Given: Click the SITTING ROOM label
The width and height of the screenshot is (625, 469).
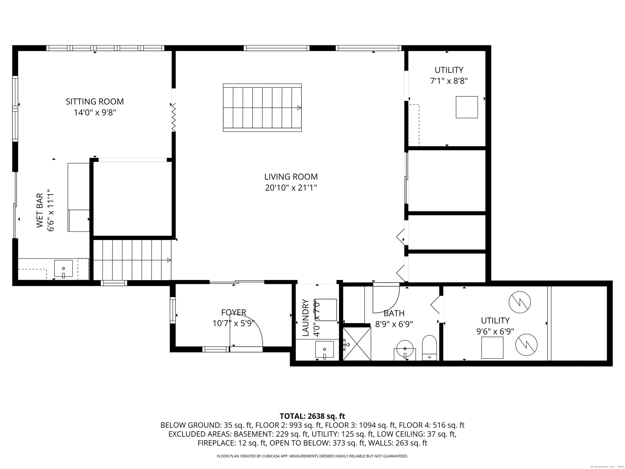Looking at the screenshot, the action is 95,102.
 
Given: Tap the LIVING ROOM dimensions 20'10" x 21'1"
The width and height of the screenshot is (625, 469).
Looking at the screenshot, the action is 291,188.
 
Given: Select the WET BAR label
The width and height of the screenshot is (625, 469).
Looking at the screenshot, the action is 39,210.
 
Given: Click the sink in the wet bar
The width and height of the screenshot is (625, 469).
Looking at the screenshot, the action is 63,268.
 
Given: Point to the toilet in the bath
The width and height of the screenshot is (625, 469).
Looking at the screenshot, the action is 429,348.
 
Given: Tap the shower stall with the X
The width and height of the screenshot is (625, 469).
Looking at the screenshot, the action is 357,344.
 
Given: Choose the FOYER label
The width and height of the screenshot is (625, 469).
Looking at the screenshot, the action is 234,313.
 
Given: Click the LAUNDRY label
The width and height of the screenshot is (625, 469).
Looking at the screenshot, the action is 305,318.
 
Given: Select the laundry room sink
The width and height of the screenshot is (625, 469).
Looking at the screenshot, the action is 325,349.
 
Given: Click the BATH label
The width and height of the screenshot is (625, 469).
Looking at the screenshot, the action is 394,313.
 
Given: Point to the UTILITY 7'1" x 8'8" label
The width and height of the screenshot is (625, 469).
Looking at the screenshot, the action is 449,76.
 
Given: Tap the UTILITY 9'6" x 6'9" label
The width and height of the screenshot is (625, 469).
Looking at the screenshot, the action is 495,326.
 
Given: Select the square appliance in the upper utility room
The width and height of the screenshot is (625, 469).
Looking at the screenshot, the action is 467,107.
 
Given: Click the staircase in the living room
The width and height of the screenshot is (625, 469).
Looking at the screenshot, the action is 262,108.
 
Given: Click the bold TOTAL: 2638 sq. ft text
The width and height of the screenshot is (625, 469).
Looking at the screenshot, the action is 312,416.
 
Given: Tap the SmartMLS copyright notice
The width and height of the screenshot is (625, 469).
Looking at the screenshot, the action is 607,467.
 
